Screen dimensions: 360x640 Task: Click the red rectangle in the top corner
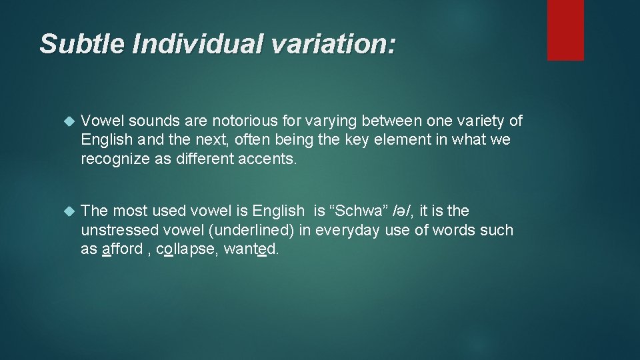coord(565,29)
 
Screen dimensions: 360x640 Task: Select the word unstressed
coord(120,231)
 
